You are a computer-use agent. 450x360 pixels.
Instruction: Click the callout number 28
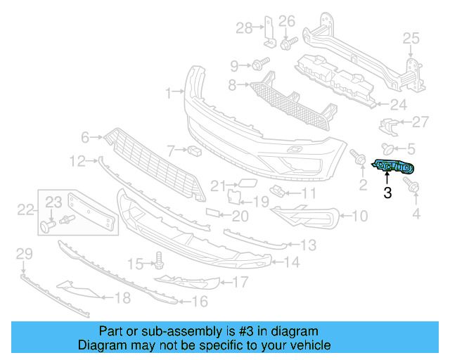243,28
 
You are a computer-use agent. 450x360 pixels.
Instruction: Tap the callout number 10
359,217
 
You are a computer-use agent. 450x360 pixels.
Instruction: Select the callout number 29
24,253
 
